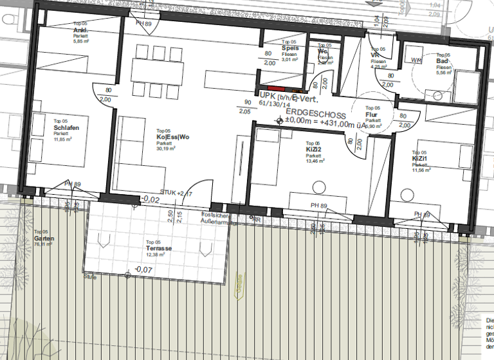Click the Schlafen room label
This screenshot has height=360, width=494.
click(x=66, y=127)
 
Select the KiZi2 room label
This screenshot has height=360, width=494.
click(x=314, y=149)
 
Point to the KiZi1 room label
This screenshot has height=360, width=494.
click(x=421, y=158)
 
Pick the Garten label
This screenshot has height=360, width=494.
click(x=44, y=239)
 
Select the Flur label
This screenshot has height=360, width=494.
click(x=372, y=114)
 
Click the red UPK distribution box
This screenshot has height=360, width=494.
click(x=276, y=88)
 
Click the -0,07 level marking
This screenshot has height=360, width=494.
click(x=143, y=269)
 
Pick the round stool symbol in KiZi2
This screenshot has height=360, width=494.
click(x=319, y=188)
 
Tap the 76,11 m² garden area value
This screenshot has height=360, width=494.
click(x=44, y=245)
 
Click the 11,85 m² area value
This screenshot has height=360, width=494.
click(x=64, y=139)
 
